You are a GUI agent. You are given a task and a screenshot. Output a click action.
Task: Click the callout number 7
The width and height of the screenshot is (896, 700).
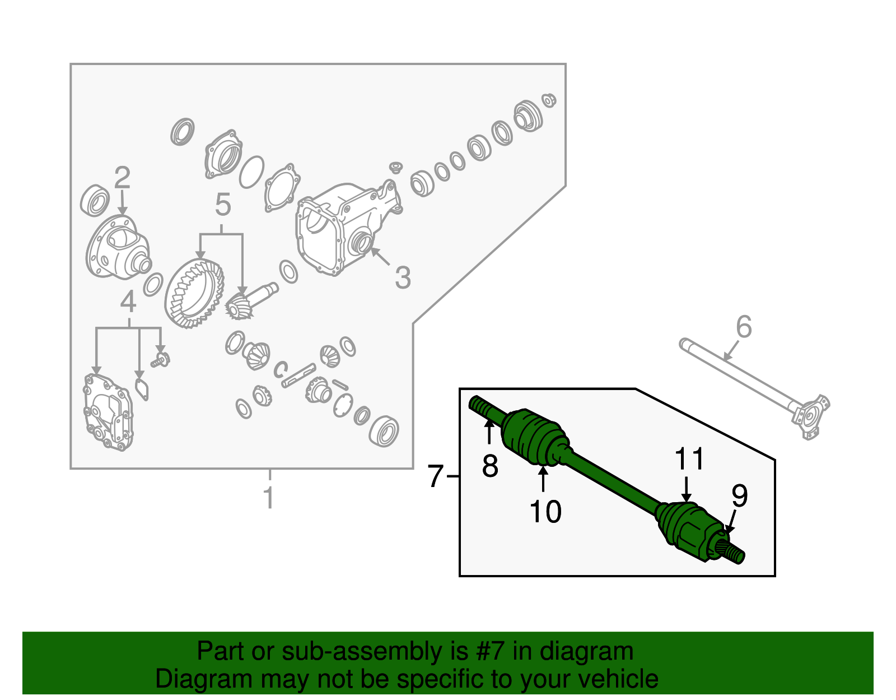click(x=435, y=476)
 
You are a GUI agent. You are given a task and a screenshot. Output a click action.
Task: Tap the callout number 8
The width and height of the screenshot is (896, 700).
click(x=490, y=466)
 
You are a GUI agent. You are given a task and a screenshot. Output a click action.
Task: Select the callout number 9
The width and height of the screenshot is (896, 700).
click(x=739, y=495)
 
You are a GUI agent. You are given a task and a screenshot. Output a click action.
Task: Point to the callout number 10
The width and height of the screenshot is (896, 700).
click(x=545, y=511)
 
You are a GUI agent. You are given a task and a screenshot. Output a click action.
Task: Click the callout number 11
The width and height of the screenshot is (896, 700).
click(x=689, y=459)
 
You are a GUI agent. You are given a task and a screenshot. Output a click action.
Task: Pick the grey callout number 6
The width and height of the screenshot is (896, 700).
click(x=744, y=327)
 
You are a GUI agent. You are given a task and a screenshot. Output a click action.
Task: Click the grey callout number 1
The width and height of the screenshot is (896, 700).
click(x=269, y=498)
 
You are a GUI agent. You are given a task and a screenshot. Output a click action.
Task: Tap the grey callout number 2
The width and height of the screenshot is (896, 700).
click(x=122, y=178)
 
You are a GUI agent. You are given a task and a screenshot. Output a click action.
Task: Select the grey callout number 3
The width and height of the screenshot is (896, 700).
click(x=403, y=278)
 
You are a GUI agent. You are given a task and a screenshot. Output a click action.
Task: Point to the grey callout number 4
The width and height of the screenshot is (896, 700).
click(x=128, y=303)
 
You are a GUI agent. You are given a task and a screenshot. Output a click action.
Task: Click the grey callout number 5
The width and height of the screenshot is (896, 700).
click(x=222, y=205)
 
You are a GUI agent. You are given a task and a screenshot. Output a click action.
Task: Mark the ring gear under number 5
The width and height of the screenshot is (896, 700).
click(x=194, y=294)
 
